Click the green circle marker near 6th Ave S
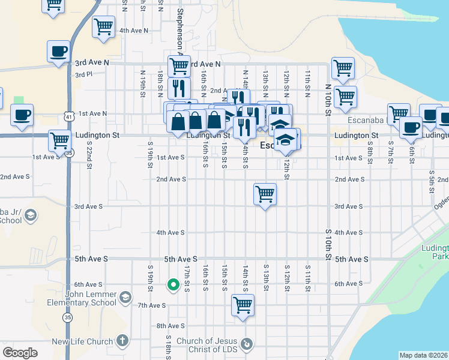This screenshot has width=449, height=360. coord(173,285)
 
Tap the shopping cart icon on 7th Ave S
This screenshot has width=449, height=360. coord(243,304)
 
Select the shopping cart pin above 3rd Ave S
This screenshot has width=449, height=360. coord(265,194)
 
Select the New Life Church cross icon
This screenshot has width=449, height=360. coord(122,341)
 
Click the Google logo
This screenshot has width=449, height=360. coord(20,352)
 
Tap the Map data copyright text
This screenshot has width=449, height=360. coord(423,355)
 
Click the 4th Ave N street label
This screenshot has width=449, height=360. coord(134,30)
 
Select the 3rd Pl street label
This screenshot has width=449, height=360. coord(83,75)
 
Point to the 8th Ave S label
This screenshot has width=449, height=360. coord(170,326)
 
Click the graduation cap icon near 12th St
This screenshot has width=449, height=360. coord(286,140)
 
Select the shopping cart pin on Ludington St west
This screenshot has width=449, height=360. coord(59,140)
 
